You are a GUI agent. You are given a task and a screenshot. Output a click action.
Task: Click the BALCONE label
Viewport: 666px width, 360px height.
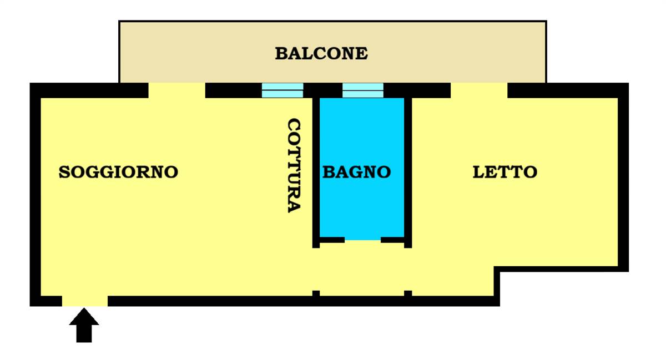tap(321, 54)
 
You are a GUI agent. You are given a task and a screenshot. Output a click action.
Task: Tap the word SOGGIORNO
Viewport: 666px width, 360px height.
tap(118, 172)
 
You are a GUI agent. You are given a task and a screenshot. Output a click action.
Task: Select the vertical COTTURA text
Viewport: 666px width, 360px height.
tap(294, 165)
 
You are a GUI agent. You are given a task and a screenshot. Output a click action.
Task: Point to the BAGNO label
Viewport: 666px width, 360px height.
tap(357, 172)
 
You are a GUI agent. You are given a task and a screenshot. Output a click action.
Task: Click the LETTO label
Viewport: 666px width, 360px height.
tap(505, 172)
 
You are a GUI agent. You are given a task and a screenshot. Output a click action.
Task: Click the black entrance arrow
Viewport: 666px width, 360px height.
tap(84, 325)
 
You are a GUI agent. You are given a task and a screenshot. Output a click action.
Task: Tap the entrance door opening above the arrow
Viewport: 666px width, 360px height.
tap(85, 301)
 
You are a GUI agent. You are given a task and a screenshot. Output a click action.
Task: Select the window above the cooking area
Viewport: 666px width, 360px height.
tap(282, 90)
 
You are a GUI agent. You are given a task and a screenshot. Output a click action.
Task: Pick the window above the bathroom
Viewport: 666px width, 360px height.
tap(363, 90)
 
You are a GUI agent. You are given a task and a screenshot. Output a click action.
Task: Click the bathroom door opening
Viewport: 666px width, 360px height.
tap(363, 240)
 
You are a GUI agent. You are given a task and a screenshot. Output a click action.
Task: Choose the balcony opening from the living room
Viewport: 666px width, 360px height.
tap(177, 90)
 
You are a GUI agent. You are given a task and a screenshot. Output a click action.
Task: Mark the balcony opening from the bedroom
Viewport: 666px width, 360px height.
tap(479, 90)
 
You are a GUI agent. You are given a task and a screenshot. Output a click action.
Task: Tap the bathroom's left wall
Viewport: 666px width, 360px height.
tap(316, 173)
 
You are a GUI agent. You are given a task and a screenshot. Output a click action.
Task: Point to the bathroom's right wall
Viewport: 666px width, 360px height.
tap(408, 173)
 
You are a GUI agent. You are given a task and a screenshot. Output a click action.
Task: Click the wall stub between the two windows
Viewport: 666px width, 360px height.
tap(323, 90)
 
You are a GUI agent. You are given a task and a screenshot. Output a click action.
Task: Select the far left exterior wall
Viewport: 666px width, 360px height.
tap(35, 194)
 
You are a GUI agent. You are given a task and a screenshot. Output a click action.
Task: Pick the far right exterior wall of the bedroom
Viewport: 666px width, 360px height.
tap(623, 177)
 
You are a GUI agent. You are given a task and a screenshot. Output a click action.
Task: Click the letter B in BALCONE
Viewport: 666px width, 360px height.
tap(281, 54)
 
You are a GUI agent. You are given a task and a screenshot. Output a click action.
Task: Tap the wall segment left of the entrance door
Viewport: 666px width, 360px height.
tap(46, 301)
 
